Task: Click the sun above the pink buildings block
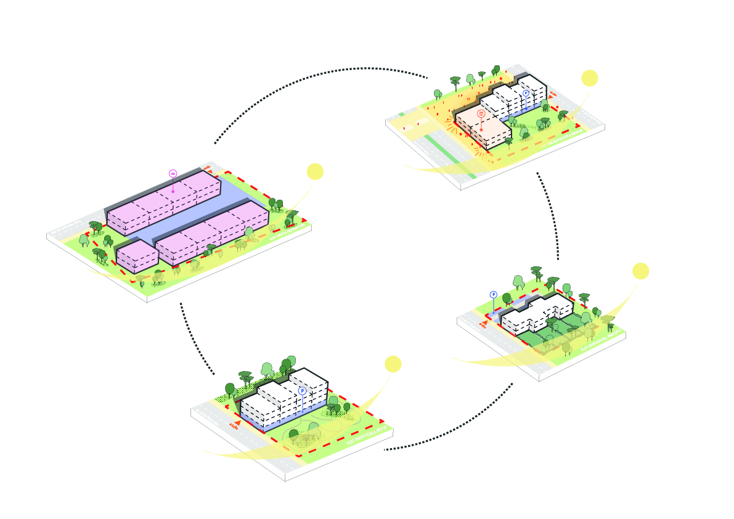pos(315,171)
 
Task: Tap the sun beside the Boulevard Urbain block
pos(590,78)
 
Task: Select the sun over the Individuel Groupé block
pos(640,271)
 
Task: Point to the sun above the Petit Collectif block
pos(393,364)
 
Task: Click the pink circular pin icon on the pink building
pos(173,174)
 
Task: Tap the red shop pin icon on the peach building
pos(481,113)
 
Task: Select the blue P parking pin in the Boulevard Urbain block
pos(526,93)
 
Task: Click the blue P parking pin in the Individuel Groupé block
pos(493,295)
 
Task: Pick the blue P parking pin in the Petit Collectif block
pos(302,391)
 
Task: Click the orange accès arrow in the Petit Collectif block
pos(234,425)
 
